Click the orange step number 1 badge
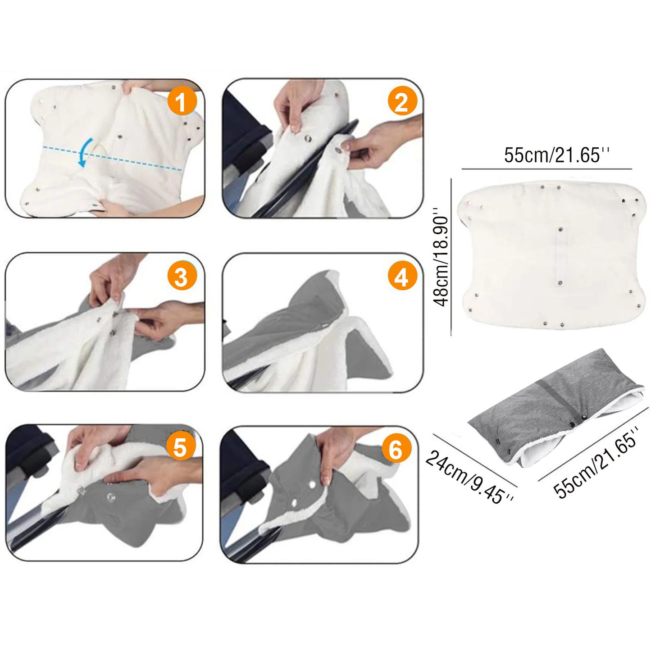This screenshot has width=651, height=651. click(182, 102)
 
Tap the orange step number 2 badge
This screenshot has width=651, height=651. click(402, 102)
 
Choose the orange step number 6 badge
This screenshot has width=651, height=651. click(396, 449)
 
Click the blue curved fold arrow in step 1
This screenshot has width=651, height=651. click(83, 152)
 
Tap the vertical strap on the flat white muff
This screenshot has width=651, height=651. click(560, 255)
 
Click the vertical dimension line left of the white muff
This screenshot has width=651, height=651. click(451, 257)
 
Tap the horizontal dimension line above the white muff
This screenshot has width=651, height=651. click(546, 168)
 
